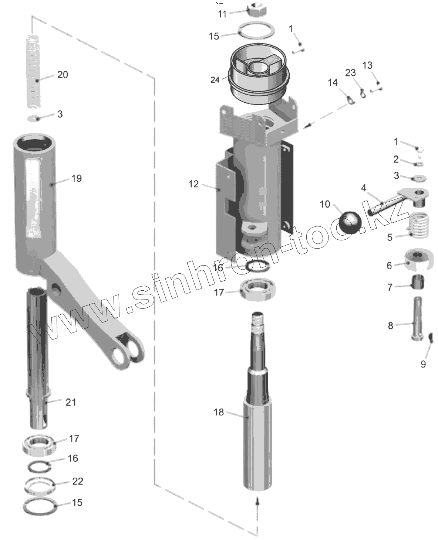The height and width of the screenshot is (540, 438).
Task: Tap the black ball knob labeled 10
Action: pyautogui.click(x=351, y=222)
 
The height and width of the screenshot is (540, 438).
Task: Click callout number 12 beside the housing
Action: pyautogui.click(x=193, y=184)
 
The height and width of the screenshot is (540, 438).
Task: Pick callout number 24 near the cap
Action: pyautogui.click(x=215, y=79)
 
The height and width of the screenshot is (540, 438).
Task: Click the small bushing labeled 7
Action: pyautogui.click(x=418, y=283)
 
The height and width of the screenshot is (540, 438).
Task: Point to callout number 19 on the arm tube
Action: pyautogui.click(x=76, y=178)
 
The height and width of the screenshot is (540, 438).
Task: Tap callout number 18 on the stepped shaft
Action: pyautogui.click(x=219, y=412)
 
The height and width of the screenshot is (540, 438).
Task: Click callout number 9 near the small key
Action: pyautogui.click(x=423, y=364)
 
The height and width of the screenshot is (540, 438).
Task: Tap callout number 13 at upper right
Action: pyautogui.click(x=367, y=65)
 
